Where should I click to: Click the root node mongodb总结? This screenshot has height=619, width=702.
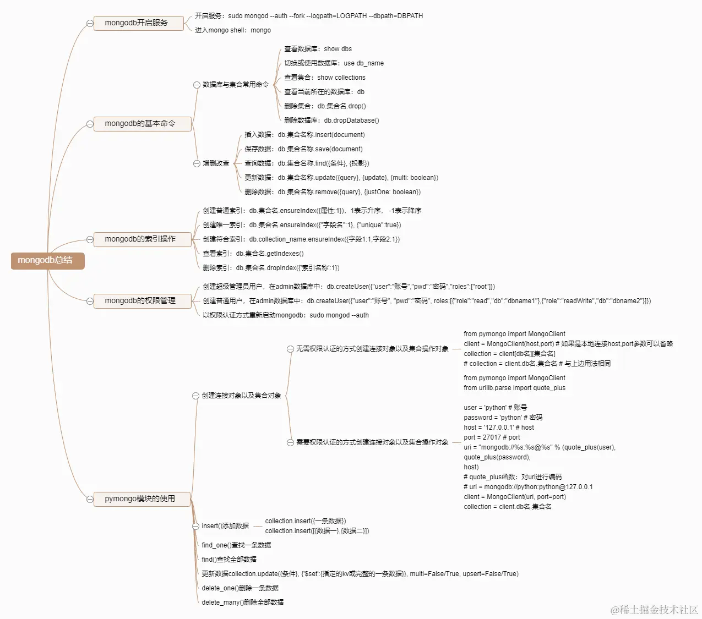[48, 260]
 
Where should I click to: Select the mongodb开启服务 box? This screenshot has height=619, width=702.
[139, 23]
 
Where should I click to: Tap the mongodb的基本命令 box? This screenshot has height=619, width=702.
[143, 124]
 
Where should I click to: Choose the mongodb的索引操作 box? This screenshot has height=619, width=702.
[143, 239]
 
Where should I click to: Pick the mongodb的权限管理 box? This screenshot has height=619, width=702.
[143, 301]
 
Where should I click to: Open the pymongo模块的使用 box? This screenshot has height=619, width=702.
[142, 499]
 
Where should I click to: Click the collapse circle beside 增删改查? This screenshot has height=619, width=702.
[197, 163]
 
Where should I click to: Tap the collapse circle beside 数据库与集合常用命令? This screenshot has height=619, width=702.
[197, 85]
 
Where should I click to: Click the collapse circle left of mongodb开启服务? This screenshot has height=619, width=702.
[90, 23]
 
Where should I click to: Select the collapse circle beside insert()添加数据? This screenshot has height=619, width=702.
[196, 526]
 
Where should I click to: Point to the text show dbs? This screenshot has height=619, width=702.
[338, 49]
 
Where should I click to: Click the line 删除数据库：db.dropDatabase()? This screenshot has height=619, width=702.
[331, 120]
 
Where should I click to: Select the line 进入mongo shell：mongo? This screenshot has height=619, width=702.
[233, 30]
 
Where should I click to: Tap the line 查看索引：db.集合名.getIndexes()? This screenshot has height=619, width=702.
[253, 254]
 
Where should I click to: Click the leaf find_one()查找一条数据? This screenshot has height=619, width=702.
[236, 545]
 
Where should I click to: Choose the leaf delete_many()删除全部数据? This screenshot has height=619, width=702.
[243, 602]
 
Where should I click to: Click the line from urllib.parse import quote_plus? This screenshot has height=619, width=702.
[515, 387]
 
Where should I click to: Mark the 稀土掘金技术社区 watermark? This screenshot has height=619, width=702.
[654, 610]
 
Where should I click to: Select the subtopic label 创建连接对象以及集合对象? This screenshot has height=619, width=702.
[241, 396]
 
